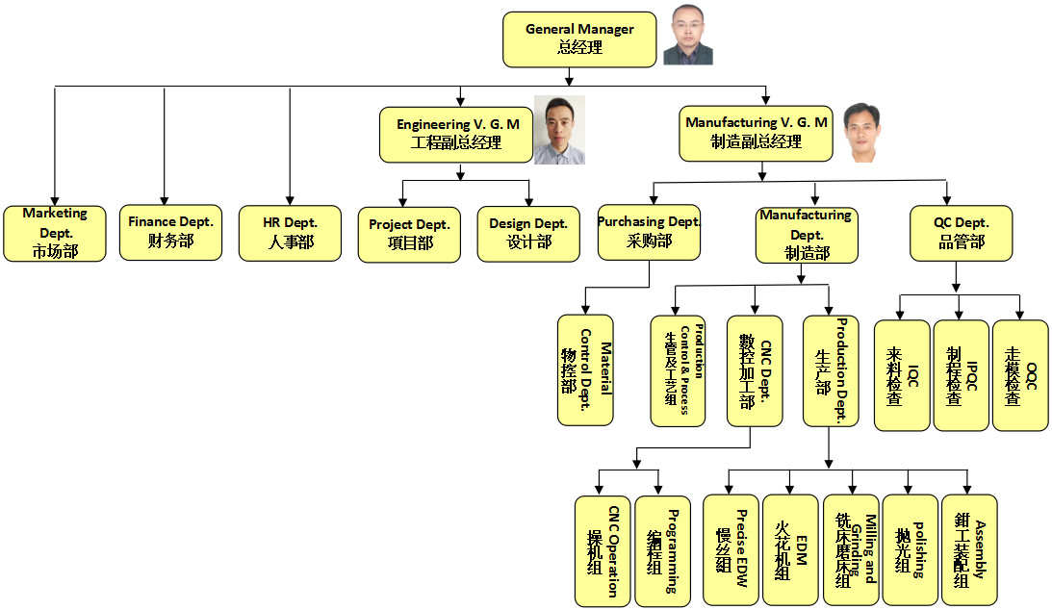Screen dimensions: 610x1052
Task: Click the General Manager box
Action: (579, 39)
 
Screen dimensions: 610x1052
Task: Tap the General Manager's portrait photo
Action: (688, 37)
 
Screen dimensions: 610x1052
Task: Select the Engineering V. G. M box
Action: (457, 134)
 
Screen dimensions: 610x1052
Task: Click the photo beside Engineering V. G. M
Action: (559, 130)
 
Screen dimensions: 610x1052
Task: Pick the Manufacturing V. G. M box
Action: (756, 133)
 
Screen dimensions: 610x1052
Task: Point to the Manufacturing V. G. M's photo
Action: (861, 132)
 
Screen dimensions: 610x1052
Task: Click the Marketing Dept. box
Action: (55, 234)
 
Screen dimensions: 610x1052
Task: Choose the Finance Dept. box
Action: (170, 232)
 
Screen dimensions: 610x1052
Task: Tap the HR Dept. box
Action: (290, 233)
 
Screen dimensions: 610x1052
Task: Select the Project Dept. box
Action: (409, 234)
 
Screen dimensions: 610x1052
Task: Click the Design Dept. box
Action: (528, 234)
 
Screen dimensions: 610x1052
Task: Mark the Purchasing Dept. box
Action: (649, 232)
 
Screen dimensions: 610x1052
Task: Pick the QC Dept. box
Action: (961, 233)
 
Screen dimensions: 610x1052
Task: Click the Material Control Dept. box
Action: (585, 370)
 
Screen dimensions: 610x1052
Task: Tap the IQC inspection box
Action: (902, 375)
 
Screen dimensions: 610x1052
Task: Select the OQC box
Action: (1020, 375)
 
